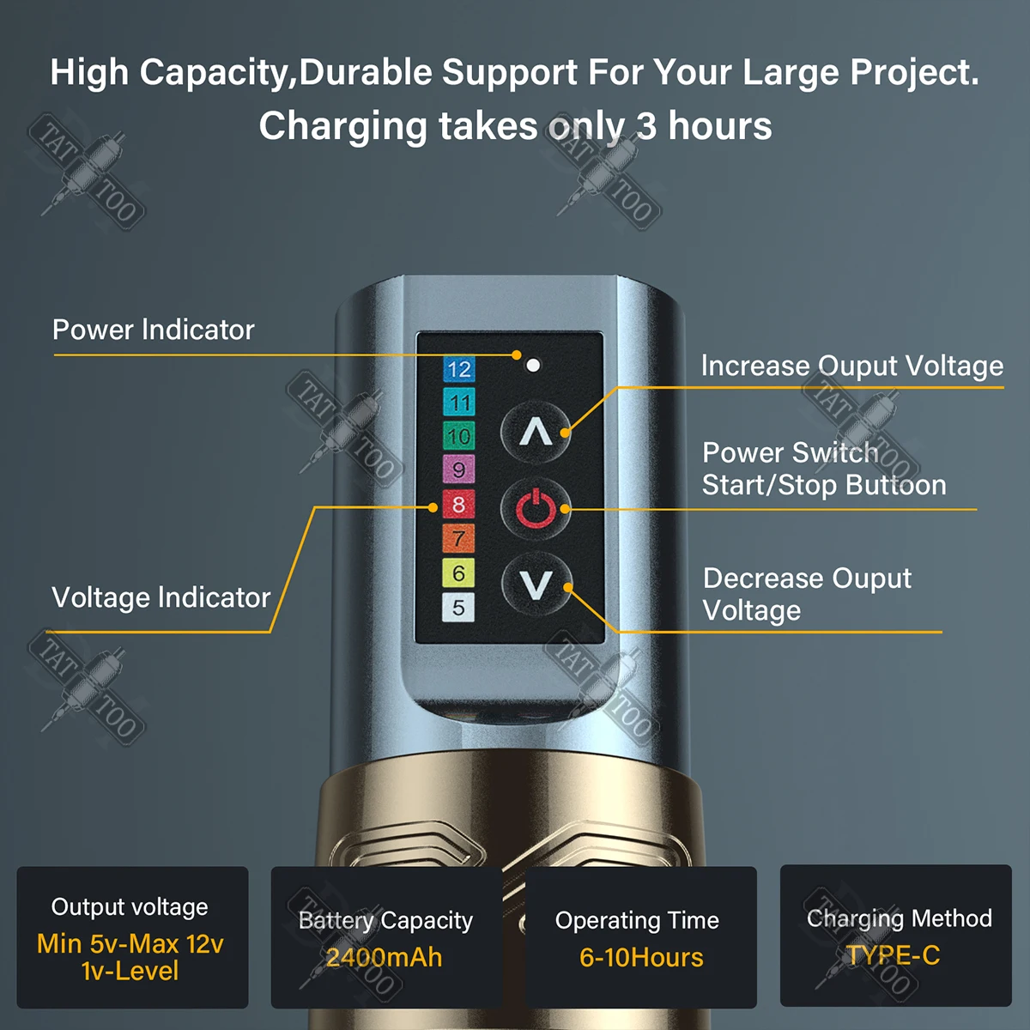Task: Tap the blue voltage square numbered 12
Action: (x=458, y=369)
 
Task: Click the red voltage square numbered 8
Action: (x=458, y=504)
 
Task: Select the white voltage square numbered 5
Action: (x=458, y=608)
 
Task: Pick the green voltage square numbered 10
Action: (x=458, y=436)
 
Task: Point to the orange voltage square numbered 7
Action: (x=458, y=538)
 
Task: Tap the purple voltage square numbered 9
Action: (x=458, y=470)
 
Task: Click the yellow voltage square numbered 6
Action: (x=458, y=573)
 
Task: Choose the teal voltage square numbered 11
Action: (x=458, y=402)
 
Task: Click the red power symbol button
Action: (x=536, y=508)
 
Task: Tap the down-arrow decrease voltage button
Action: (x=536, y=584)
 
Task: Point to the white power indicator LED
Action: (x=533, y=365)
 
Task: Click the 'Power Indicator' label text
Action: (x=153, y=330)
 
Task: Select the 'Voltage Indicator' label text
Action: (x=161, y=597)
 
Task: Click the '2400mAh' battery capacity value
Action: (x=385, y=957)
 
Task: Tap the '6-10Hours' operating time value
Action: (x=641, y=957)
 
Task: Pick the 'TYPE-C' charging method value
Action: (x=894, y=955)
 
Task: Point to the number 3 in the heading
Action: (x=646, y=126)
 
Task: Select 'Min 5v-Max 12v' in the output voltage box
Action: (x=130, y=944)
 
